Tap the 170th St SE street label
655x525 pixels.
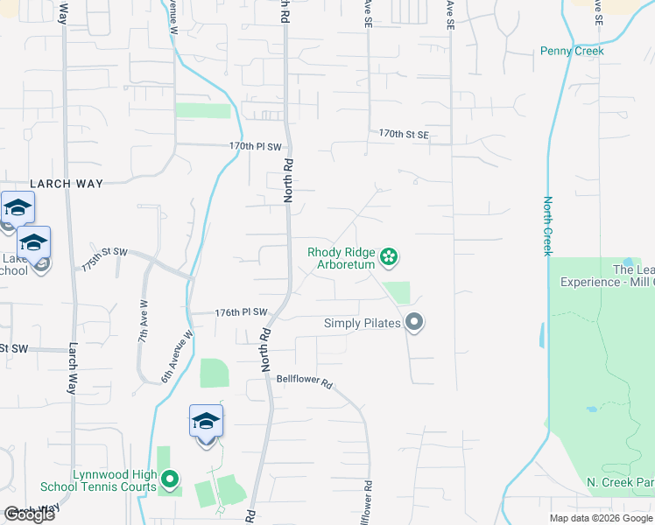pos(404,134)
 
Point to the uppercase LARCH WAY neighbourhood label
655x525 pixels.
pos(67,184)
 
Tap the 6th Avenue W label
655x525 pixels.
pos(177,356)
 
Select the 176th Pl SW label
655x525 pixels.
pos(241,312)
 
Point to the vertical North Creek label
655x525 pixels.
pos(548,226)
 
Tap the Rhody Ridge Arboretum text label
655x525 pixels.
pos(342,258)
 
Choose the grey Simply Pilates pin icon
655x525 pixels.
pos(415,323)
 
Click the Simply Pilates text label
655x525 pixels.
pos(363,323)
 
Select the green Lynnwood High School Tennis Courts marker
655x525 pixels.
pos(171,479)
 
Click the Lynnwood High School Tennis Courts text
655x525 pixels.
pos(99,480)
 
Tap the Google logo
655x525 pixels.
pos(29,514)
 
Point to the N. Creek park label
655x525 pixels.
pos(620,483)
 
